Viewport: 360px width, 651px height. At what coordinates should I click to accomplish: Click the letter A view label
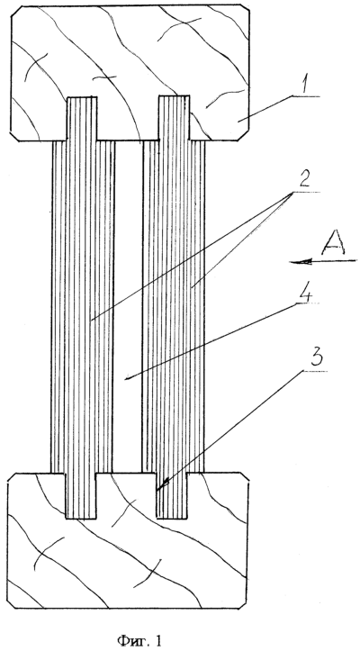(x=332, y=244)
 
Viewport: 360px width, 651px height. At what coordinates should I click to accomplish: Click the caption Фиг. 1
(x=139, y=629)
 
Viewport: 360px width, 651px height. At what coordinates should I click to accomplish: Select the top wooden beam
(x=130, y=73)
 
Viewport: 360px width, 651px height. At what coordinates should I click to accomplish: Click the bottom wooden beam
(x=128, y=540)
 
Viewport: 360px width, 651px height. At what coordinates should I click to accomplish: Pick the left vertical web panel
(x=82, y=307)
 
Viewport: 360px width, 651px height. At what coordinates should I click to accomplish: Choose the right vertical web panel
(x=174, y=307)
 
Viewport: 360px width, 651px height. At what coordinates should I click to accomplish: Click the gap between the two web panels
(x=129, y=306)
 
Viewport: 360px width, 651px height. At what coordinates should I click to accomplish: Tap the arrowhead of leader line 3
(x=161, y=485)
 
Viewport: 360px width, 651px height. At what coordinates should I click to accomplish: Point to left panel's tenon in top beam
(x=82, y=118)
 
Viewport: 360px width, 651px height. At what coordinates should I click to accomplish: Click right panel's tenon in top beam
(x=174, y=117)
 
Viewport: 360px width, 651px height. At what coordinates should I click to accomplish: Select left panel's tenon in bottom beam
(x=81, y=496)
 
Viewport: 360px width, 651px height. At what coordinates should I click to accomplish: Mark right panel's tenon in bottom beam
(x=172, y=496)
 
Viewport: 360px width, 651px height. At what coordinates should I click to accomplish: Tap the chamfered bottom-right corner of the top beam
(x=244, y=135)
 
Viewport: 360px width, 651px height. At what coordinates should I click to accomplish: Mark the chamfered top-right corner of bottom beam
(x=245, y=476)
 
